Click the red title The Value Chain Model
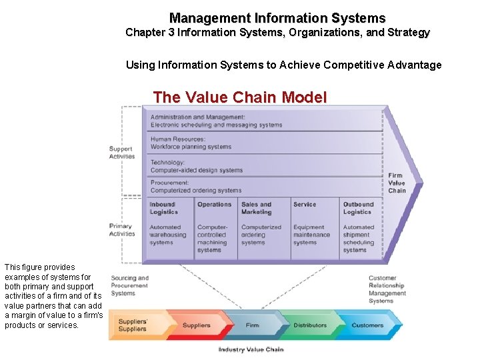point(240,97)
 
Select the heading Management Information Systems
point(277,18)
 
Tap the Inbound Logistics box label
point(164,208)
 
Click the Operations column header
point(215,205)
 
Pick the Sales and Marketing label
point(257,208)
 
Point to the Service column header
point(305,205)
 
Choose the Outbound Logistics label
point(359,208)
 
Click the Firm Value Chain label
point(397,183)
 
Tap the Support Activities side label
point(122,153)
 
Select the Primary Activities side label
point(122,230)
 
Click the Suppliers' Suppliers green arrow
point(133,325)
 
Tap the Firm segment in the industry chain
point(252,325)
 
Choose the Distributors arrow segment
point(310,325)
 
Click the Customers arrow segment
point(368,325)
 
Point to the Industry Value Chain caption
point(251,349)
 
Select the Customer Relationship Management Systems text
point(387,289)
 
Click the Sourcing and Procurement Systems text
point(130,285)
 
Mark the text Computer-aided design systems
point(197,170)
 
